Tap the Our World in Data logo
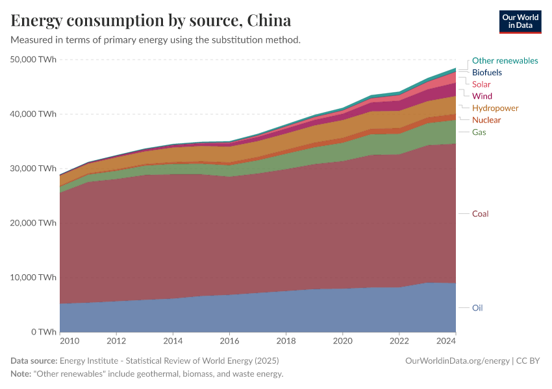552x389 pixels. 520,21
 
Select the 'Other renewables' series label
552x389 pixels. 505,60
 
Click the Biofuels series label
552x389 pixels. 486,73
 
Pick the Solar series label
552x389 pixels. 481,84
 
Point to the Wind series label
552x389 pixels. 482,96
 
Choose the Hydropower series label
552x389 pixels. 495,108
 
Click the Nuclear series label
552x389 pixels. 486,120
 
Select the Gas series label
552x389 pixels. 479,132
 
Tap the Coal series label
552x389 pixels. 481,214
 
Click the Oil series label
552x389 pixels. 477,308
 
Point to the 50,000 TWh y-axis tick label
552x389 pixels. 34,60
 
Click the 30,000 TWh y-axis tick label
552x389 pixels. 34,169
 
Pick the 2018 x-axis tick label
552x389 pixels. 286,340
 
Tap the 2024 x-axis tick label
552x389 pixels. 447,340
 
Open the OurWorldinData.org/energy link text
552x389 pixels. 457,360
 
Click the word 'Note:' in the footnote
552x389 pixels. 23,374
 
